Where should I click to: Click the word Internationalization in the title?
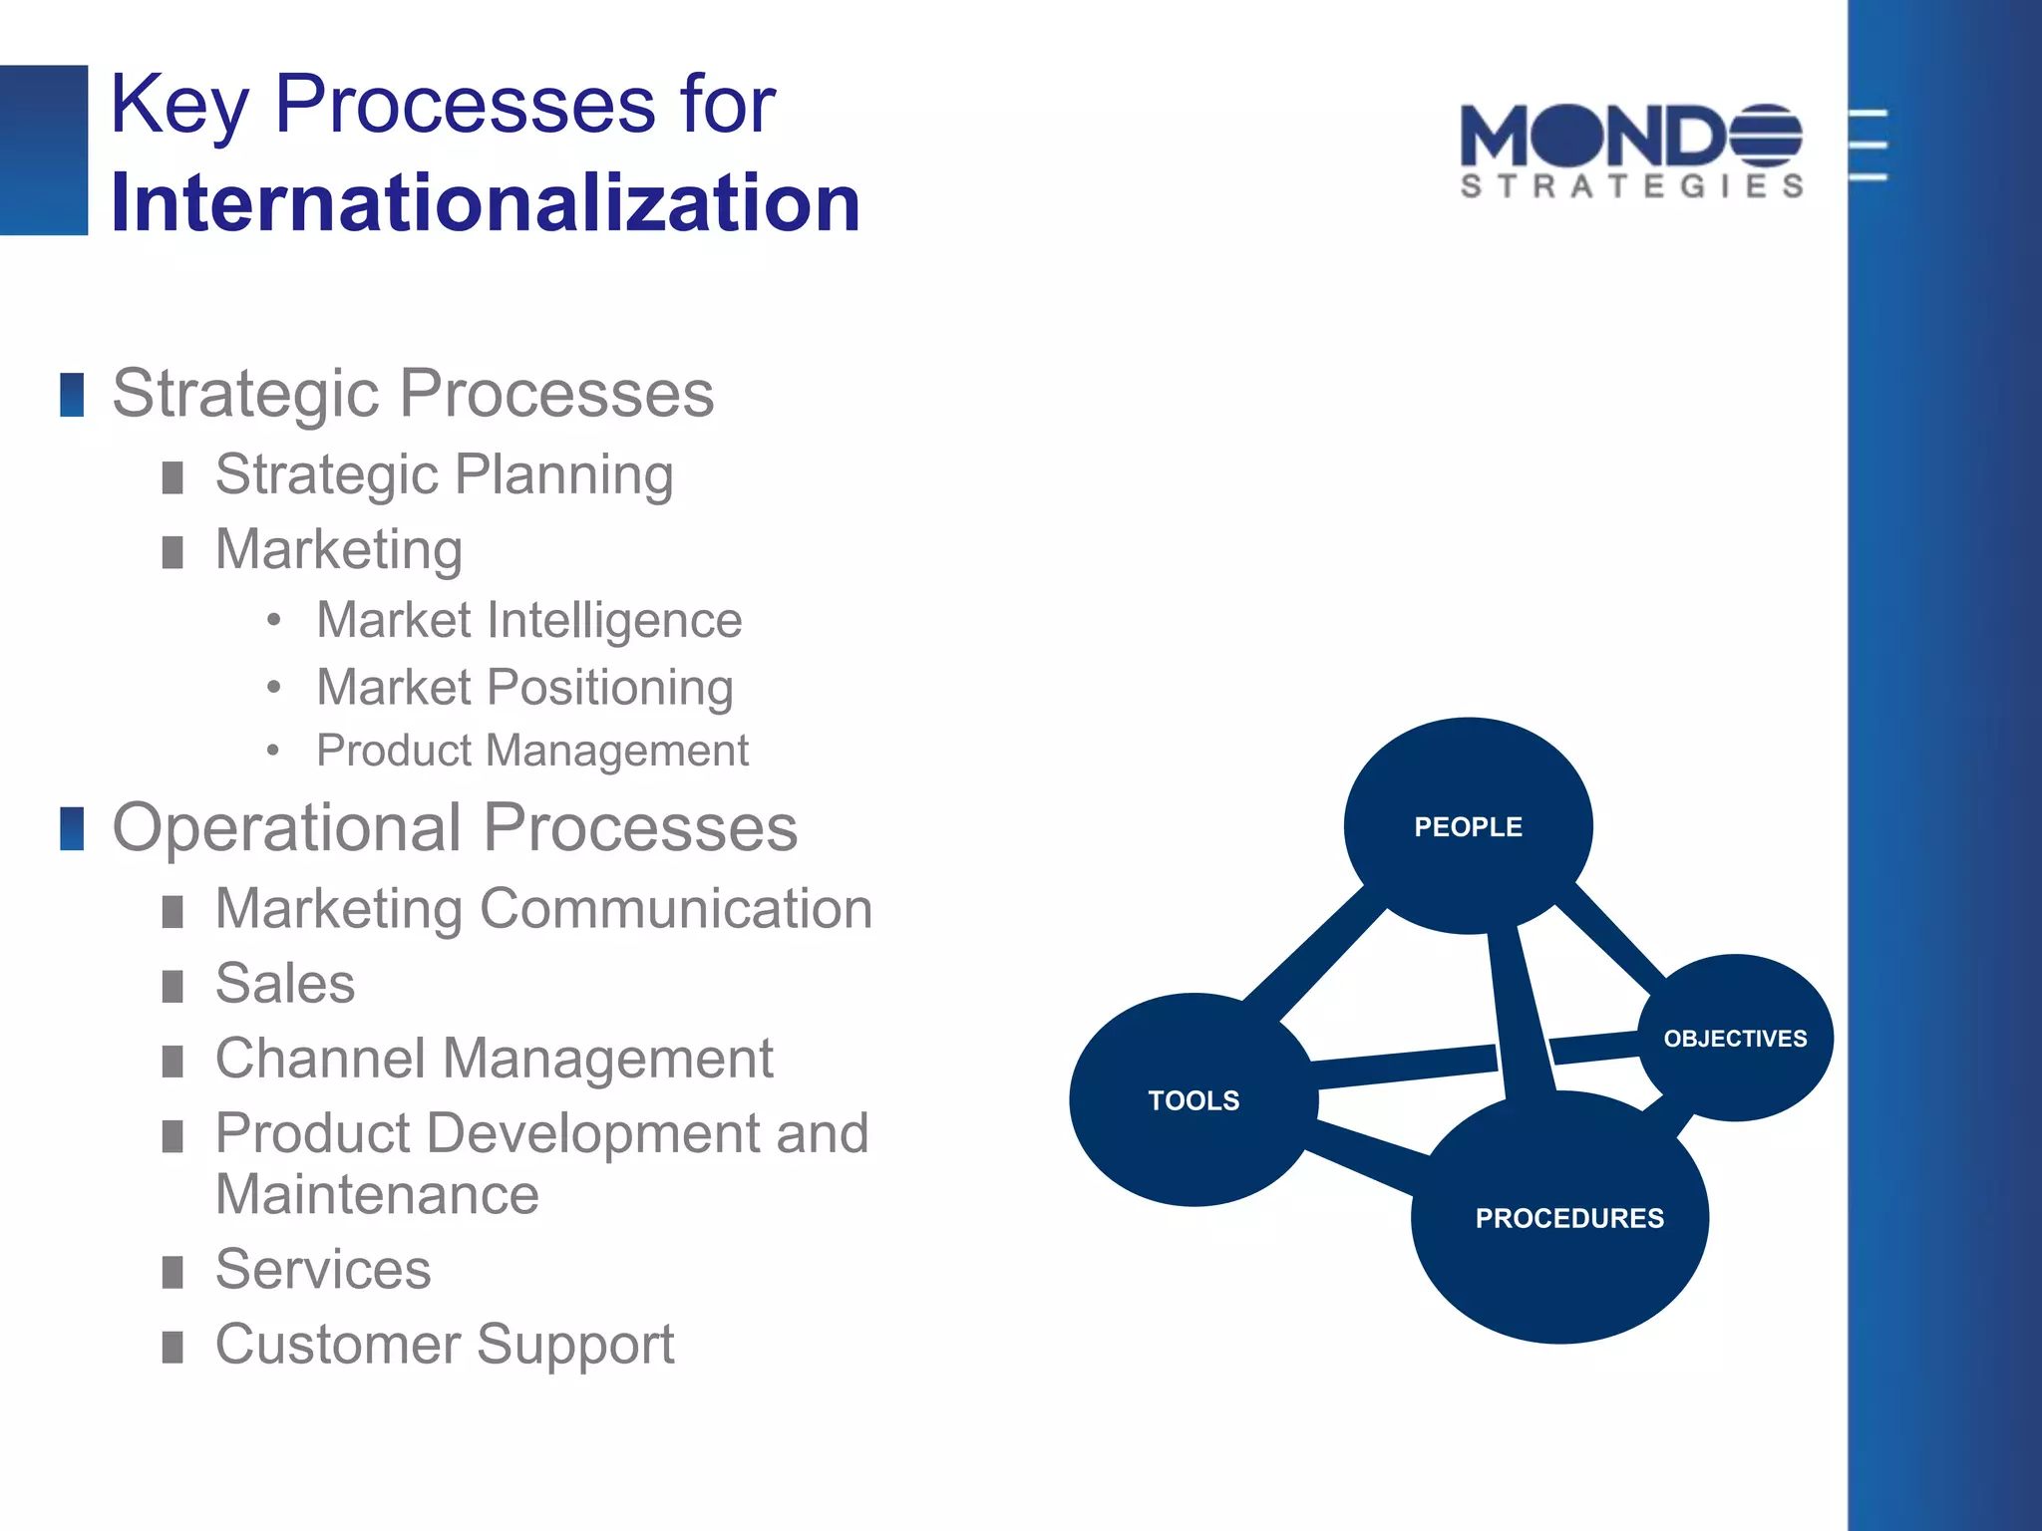[x=485, y=203]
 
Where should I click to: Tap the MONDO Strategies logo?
[x=1631, y=151]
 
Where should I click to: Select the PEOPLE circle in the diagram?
[x=1468, y=826]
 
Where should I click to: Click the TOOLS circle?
[x=1192, y=1100]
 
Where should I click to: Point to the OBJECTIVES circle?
[x=1735, y=1039]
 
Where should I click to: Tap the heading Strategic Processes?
[x=413, y=393]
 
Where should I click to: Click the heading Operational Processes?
[x=455, y=827]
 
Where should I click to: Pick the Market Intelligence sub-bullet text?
[x=528, y=620]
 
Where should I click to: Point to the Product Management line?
[x=531, y=751]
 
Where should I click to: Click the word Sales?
[x=285, y=984]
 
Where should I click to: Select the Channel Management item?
[x=494, y=1059]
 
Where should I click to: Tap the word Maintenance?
[x=377, y=1194]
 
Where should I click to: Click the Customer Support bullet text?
[x=445, y=1344]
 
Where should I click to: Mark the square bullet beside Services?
[x=172, y=1272]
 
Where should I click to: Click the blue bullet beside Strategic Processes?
[x=72, y=395]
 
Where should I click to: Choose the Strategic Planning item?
[x=444, y=474]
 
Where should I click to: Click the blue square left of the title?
[x=44, y=150]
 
